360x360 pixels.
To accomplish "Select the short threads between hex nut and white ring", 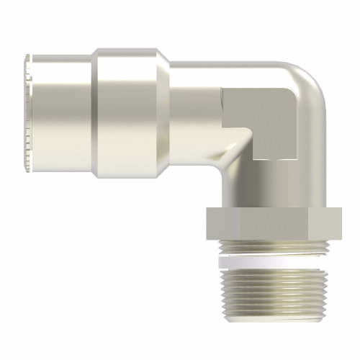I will coord(270,252).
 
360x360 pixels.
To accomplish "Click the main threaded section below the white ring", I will coord(270,295).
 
